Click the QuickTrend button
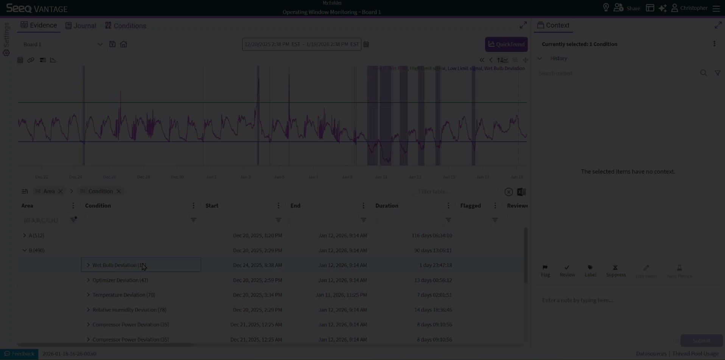coord(506,44)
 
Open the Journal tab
coord(81,26)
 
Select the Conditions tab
coord(126,26)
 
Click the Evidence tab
coord(39,25)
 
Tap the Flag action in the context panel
coord(545,271)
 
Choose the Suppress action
coord(616,271)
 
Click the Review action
coord(567,271)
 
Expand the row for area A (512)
coord(25,235)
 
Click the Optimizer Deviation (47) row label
coord(120,280)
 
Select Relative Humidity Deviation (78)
coord(129,310)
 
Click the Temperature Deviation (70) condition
coord(124,295)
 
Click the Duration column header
coord(387,206)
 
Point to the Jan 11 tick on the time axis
coord(381,177)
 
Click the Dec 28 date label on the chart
coord(143,177)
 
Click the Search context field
coord(617,73)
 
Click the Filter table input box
coord(456,192)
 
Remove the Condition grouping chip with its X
coord(119,191)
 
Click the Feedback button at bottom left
coord(19,354)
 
